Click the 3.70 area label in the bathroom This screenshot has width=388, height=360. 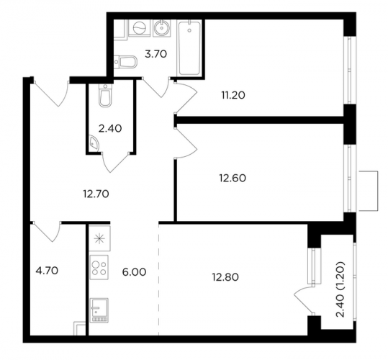[x=156, y=54]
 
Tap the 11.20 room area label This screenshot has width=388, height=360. [x=233, y=95]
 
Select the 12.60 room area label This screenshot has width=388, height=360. [x=233, y=178]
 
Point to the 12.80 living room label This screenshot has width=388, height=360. [x=225, y=277]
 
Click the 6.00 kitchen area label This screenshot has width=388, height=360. [x=135, y=272]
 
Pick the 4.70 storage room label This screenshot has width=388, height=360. [x=47, y=271]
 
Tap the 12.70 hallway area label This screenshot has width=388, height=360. [x=96, y=194]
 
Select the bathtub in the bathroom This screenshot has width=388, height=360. [x=189, y=48]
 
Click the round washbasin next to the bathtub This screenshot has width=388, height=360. [x=162, y=28]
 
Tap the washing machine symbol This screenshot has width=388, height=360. [x=140, y=28]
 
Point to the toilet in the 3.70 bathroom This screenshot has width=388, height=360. [x=126, y=61]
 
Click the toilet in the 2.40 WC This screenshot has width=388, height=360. [x=106, y=96]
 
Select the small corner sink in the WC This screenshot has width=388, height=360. [x=94, y=143]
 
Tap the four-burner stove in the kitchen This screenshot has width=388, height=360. [x=99, y=267]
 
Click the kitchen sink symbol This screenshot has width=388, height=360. [x=99, y=310]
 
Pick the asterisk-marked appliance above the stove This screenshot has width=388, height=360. [x=99, y=238]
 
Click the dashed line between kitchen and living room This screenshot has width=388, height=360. [x=158, y=279]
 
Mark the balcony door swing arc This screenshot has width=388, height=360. [x=304, y=300]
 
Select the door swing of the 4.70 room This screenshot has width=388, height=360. [x=47, y=232]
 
